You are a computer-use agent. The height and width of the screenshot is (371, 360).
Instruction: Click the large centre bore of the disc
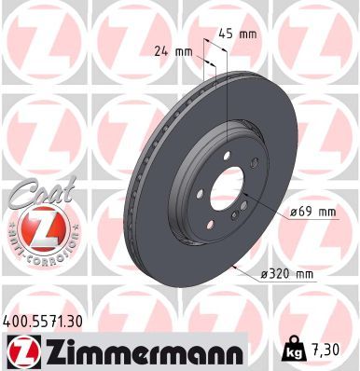pyautogui.click(x=226, y=192)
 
